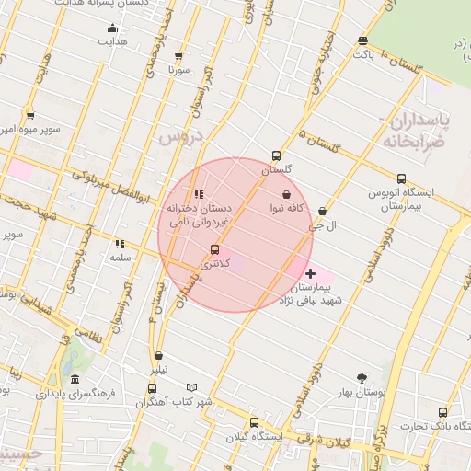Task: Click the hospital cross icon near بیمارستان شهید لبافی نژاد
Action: (x=310, y=273)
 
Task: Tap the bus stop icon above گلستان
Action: (x=276, y=155)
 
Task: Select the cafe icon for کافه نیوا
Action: (x=288, y=195)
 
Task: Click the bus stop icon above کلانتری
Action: (x=215, y=249)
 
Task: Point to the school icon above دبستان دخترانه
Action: (x=199, y=194)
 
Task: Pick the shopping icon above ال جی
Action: (x=321, y=211)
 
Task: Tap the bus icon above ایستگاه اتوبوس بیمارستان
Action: (x=400, y=178)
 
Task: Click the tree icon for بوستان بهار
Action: (x=361, y=377)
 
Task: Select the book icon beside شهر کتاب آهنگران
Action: (x=191, y=387)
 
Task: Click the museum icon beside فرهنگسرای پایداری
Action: (x=75, y=378)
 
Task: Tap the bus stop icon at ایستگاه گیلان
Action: (x=254, y=422)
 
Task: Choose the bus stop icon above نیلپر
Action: (x=159, y=355)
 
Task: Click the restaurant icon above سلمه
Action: (x=120, y=244)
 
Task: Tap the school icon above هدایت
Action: (x=113, y=28)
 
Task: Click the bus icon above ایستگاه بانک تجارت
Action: (x=443, y=412)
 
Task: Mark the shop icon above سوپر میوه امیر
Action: (x=30, y=115)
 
